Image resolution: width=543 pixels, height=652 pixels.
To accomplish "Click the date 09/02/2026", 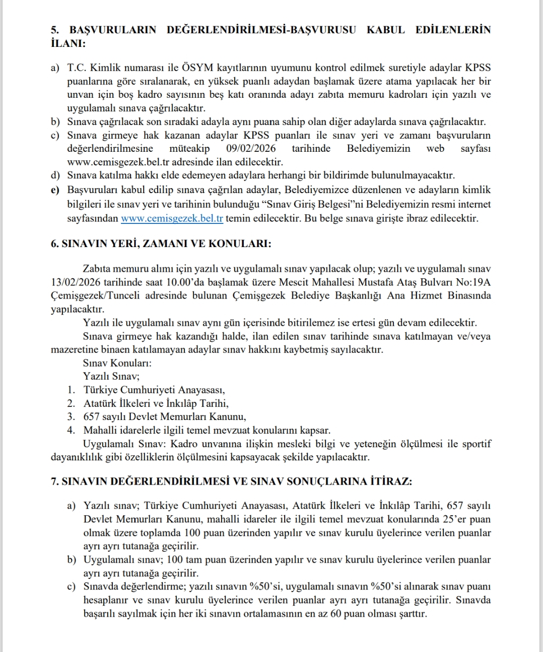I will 251,149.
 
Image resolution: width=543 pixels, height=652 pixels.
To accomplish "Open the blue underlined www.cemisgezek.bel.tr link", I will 172,218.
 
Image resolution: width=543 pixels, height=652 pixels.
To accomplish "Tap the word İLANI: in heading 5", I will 68,43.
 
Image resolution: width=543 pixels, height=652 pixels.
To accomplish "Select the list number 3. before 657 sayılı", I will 72,417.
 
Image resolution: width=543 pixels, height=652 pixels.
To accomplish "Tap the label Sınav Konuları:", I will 117,363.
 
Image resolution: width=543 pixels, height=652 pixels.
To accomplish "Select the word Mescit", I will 320,282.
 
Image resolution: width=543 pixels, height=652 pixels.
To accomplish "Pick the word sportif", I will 476,444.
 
